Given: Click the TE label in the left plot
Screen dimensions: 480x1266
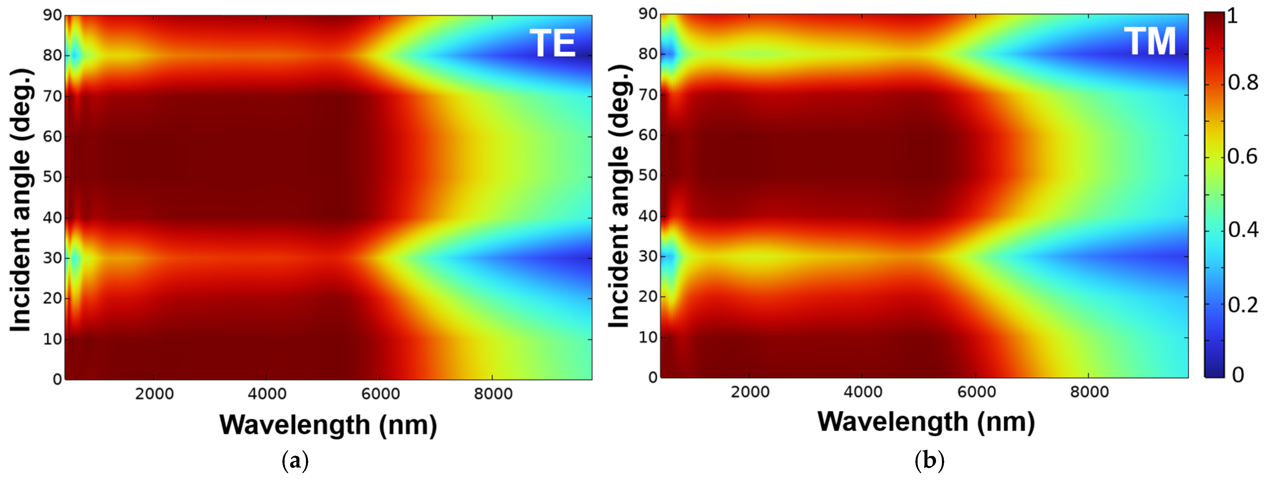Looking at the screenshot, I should point(552,43).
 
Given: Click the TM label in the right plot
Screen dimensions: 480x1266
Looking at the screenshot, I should point(1150,42).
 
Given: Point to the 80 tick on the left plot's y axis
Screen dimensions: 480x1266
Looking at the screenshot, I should point(52,56).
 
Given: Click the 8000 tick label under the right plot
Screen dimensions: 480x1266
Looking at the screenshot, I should point(1089,392).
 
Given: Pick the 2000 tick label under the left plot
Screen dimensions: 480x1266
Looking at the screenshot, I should point(154,394).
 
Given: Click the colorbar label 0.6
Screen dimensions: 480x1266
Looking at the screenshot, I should point(1242,157).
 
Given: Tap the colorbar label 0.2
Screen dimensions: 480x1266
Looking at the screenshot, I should point(1242,305).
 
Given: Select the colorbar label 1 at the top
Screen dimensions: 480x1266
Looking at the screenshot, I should point(1232,16).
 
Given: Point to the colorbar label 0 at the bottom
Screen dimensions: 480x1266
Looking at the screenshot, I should point(1237,375).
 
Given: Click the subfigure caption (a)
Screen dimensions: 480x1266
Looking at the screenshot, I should point(295,461).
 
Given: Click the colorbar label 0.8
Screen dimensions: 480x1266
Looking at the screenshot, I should point(1242,83).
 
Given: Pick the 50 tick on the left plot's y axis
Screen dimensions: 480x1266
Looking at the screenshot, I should point(52,177).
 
